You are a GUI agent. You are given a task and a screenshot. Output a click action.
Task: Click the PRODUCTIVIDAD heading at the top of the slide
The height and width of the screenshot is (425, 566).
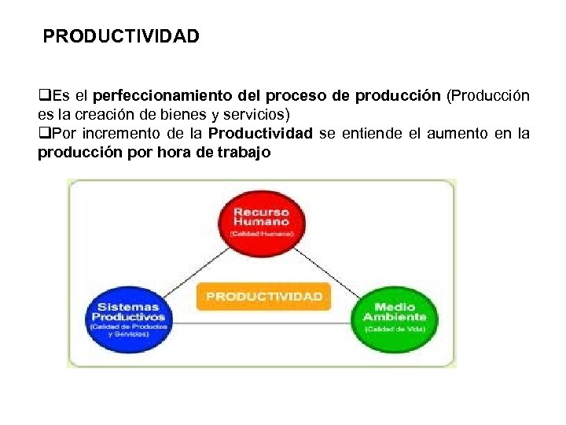(x=121, y=36)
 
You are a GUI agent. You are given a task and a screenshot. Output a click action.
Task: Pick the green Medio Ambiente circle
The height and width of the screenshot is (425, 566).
(x=394, y=315)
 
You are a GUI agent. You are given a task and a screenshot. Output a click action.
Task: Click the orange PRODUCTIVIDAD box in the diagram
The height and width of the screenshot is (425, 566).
(x=264, y=296)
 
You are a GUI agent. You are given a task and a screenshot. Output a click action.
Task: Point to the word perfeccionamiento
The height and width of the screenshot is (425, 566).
(x=164, y=96)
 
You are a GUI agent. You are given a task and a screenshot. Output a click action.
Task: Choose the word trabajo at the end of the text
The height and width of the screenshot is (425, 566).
(x=244, y=152)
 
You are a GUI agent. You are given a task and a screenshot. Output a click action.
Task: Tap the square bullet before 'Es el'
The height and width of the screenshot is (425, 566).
(x=43, y=96)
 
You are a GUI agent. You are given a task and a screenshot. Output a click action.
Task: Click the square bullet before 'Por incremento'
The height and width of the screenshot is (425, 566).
(x=43, y=133)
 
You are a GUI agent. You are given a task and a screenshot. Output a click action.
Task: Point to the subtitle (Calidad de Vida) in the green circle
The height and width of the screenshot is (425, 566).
(x=394, y=329)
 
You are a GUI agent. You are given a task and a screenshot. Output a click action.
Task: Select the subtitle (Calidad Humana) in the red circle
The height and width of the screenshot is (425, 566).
(x=262, y=234)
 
